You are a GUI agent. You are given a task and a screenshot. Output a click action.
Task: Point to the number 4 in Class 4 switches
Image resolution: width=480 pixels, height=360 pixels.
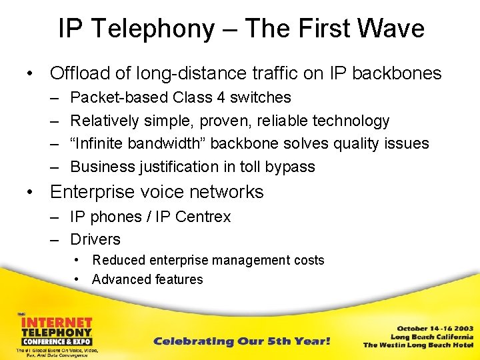click(x=220, y=97)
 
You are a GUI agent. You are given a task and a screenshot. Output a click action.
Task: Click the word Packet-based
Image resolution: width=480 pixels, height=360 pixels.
click(x=119, y=97)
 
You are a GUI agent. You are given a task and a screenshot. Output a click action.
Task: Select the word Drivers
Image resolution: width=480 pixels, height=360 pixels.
click(x=95, y=239)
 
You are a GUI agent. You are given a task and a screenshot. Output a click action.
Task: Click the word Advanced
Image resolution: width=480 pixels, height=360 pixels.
click(x=121, y=279)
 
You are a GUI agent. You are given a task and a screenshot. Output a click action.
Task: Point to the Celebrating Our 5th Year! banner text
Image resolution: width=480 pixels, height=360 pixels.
click(x=241, y=341)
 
